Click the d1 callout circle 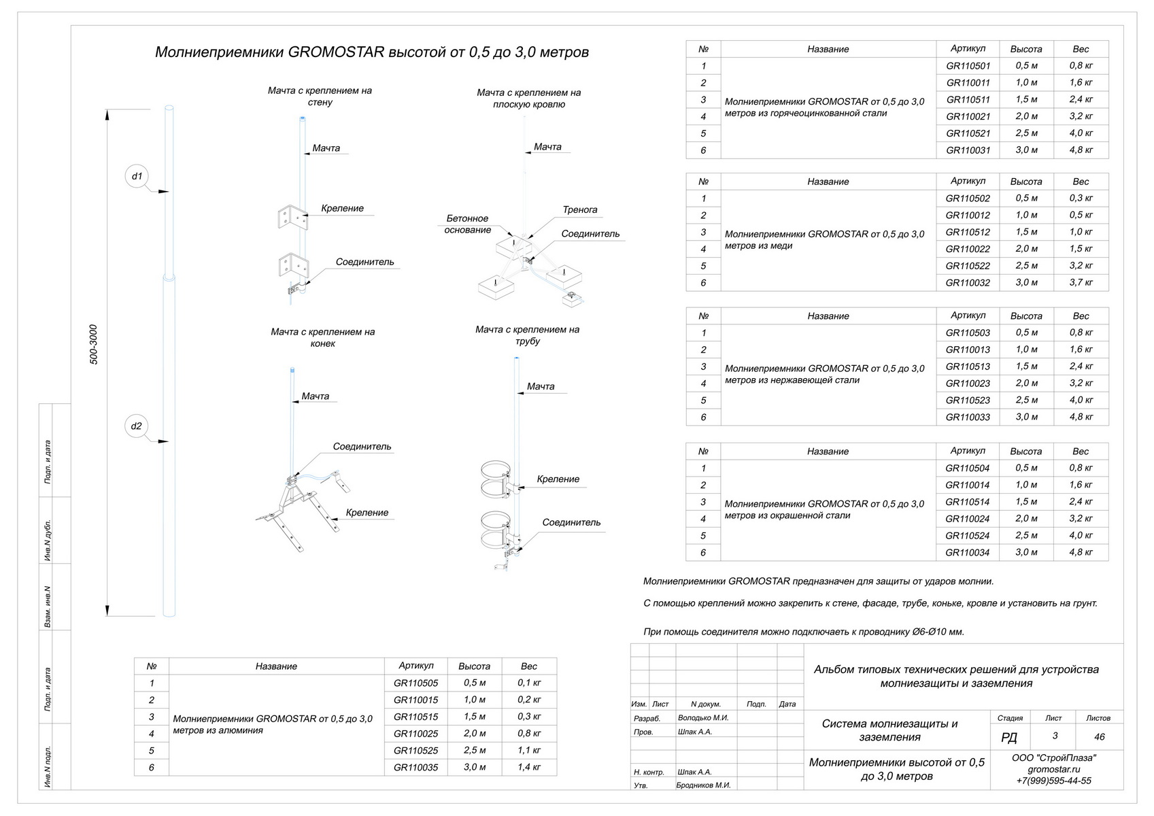(x=137, y=176)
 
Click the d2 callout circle (x=137, y=426)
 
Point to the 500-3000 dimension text (x=94, y=344)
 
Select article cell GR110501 (x=968, y=66)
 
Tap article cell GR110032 (x=968, y=283)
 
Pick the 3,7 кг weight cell (x=1081, y=283)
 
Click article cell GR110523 (x=968, y=401)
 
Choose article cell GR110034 (x=968, y=553)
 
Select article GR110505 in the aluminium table (x=415, y=683)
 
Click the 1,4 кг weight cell (x=528, y=768)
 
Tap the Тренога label (x=579, y=210)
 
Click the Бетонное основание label (x=468, y=224)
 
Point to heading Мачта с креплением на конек (x=322, y=337)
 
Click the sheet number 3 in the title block (x=1054, y=736)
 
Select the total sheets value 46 (x=1099, y=736)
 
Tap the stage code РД (x=1009, y=738)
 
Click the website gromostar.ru (x=1053, y=770)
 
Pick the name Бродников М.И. (x=703, y=785)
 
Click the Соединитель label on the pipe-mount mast (x=571, y=523)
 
